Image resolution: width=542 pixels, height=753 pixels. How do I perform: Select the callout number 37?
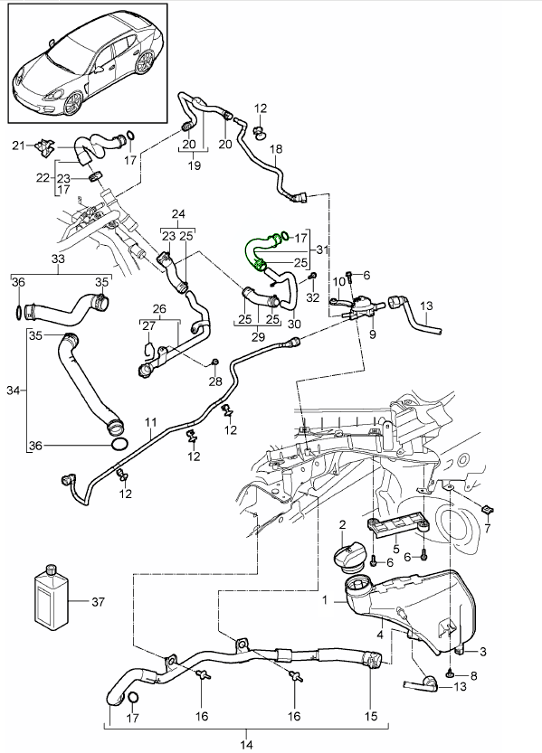click(99, 600)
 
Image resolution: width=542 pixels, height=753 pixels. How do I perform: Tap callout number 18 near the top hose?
click(276, 148)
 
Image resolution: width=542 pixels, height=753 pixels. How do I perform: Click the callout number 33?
click(59, 259)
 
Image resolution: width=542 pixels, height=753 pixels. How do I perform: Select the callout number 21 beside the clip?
click(16, 145)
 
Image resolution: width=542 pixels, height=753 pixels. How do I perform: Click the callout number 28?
click(214, 382)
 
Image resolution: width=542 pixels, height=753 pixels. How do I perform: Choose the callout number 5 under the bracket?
click(395, 547)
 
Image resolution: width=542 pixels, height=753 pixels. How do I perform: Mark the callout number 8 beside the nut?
click(471, 675)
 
